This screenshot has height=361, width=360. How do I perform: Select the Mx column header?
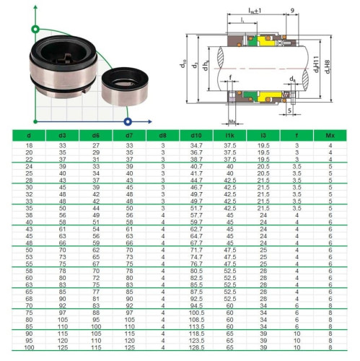pyautogui.click(x=330, y=135)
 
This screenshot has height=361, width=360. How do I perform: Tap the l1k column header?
pyautogui.click(x=229, y=135)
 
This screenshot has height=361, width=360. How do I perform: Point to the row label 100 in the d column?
pyautogui.click(x=29, y=349)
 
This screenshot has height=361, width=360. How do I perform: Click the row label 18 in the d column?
pyautogui.click(x=29, y=146)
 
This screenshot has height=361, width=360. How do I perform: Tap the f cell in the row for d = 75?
pyautogui.click(x=297, y=312)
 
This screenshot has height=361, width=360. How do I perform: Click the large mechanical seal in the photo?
pyautogui.click(x=61, y=61)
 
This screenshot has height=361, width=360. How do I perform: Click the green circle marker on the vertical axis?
pyautogui.click(x=33, y=30)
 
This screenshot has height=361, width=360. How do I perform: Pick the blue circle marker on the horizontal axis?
pyautogui.click(x=128, y=121)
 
